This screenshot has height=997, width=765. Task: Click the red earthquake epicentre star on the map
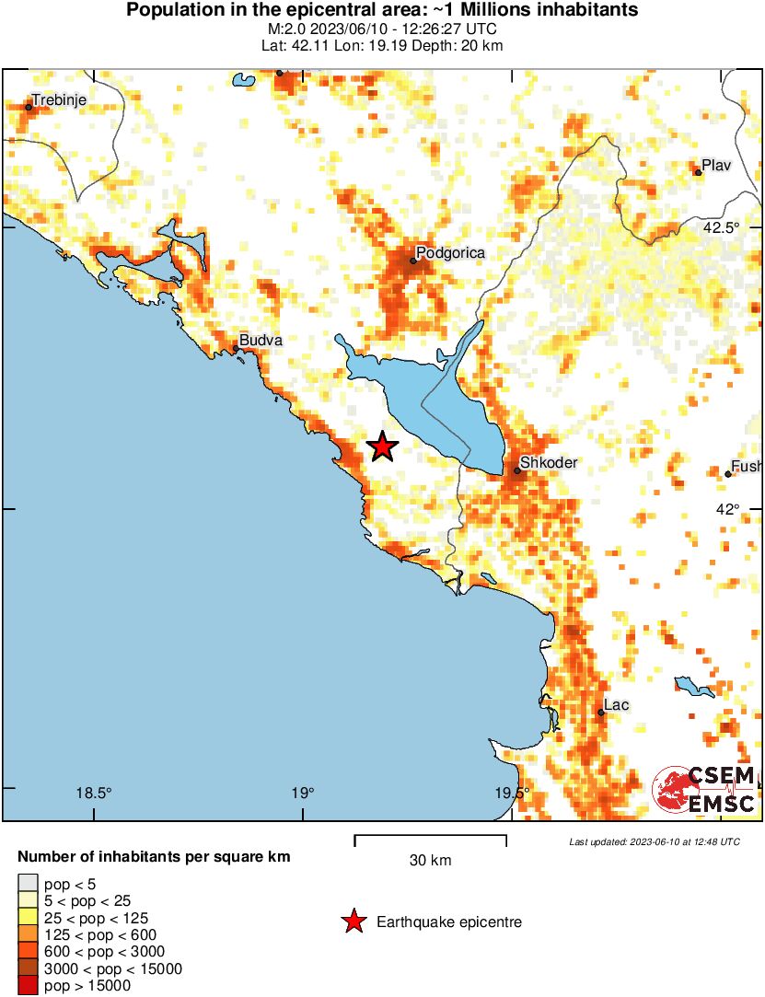[x=383, y=447]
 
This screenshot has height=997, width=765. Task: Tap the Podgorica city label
[x=450, y=252]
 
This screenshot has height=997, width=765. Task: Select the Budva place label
[x=261, y=341]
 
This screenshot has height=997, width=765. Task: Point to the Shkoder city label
[x=549, y=463]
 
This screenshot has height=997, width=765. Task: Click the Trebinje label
[x=60, y=99]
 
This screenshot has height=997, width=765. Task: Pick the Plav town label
[x=715, y=166]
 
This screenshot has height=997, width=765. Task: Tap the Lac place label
[x=616, y=705]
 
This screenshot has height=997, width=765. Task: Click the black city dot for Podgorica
[x=413, y=261]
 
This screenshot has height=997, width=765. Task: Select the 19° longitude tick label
[x=303, y=794]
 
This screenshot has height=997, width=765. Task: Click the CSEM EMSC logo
[x=704, y=790]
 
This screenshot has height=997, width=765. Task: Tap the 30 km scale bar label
[x=430, y=861]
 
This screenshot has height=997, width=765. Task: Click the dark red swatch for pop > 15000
[x=28, y=986]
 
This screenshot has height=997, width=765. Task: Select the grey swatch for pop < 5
[x=28, y=885]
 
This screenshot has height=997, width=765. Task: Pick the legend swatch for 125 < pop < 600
[x=28, y=934]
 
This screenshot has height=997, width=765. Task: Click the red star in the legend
[x=353, y=922]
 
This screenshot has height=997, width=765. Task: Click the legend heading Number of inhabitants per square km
[x=154, y=857]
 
